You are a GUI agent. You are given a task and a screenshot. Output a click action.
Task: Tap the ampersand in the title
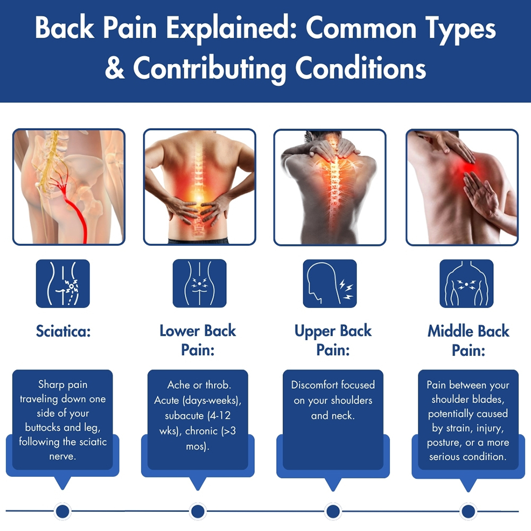(114, 69)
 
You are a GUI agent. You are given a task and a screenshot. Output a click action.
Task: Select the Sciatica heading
(63, 332)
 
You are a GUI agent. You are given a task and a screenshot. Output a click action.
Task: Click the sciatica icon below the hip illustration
(63, 284)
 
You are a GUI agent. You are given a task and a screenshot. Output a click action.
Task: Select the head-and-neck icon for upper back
(330, 284)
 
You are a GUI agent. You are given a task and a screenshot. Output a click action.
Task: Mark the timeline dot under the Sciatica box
(63, 511)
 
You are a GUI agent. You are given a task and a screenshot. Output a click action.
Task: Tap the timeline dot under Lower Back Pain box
(198, 511)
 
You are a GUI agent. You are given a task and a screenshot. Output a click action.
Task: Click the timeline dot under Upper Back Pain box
(333, 511)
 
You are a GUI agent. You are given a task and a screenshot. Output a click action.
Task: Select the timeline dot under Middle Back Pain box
(468, 511)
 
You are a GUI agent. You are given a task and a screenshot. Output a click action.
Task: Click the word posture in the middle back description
(444, 442)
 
